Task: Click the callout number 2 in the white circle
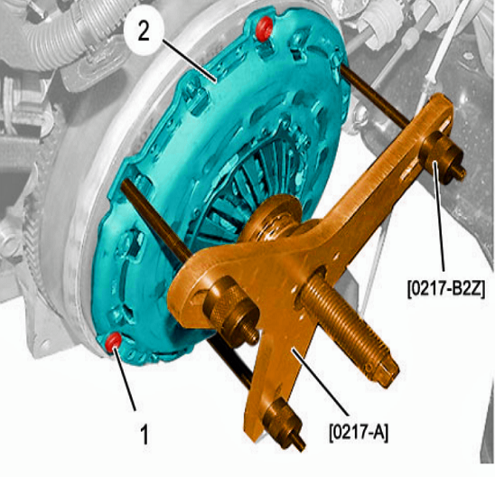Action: pos(144,33)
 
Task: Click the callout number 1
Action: pos(144,435)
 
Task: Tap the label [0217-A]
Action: pos(359,433)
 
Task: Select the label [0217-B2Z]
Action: pos(446,289)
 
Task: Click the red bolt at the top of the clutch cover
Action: pos(265,29)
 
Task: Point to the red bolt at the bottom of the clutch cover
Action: pos(113,341)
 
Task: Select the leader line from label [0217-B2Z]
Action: pos(439,216)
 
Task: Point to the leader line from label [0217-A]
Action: pos(320,381)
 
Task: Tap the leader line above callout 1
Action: pos(125,378)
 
